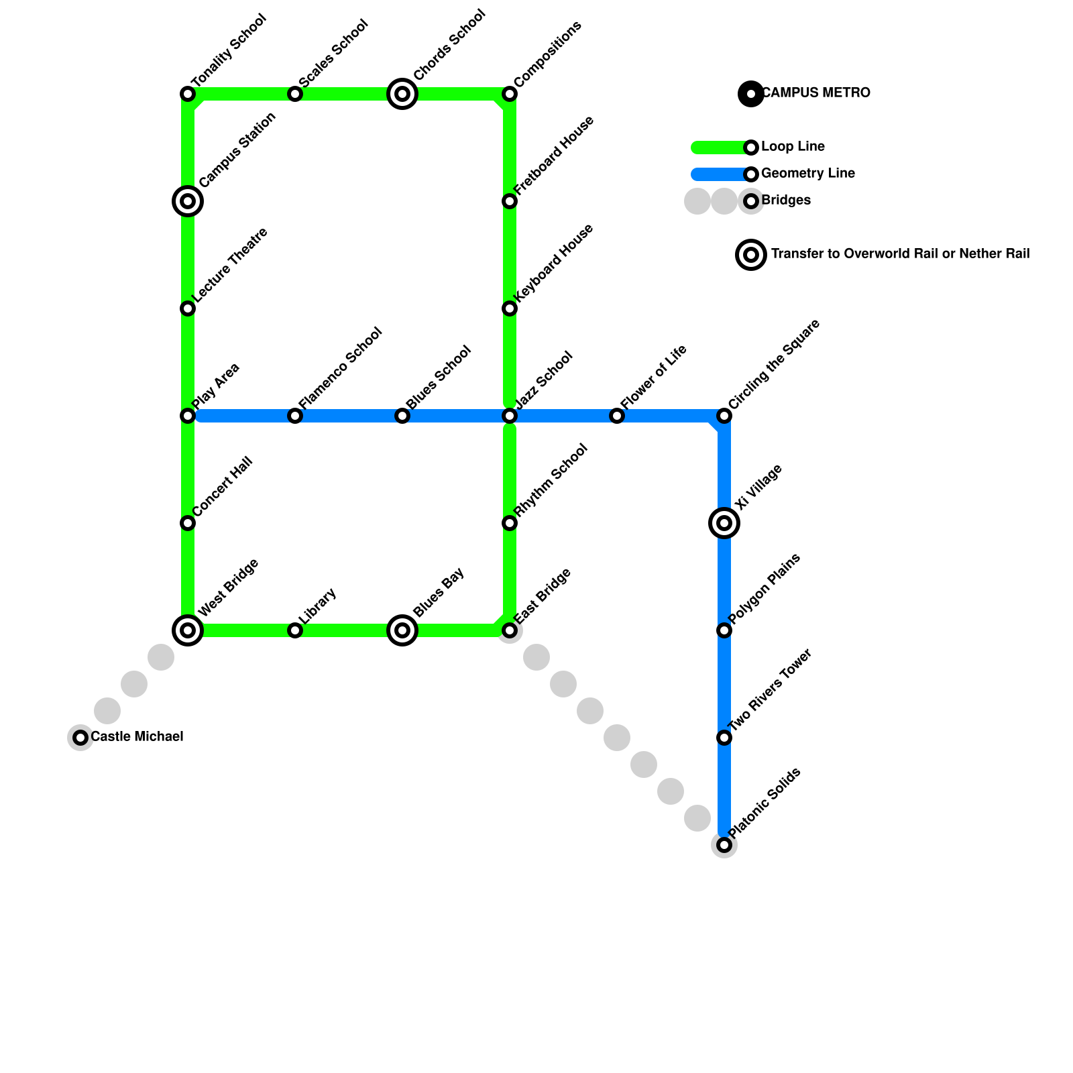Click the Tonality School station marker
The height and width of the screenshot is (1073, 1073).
188,94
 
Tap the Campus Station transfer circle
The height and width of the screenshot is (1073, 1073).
188,201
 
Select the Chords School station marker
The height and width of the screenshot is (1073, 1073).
402,94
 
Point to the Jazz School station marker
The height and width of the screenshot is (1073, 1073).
510,416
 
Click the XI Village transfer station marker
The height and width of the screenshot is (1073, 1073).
724,523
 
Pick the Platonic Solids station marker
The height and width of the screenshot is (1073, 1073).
724,845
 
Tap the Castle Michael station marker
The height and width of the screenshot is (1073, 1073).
80,738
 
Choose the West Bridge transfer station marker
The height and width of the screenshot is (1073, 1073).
188,630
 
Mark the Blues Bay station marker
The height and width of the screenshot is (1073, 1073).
402,630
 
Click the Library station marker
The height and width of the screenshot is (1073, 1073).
295,630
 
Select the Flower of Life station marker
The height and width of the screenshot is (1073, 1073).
617,416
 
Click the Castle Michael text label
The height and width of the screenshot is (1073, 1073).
137,737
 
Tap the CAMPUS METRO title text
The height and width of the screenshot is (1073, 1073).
816,93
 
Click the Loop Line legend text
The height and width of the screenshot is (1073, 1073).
793,147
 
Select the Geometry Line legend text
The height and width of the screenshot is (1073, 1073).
808,174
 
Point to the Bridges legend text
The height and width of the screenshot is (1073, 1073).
786,201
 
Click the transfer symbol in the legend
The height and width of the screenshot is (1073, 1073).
751,255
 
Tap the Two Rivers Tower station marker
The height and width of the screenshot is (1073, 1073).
724,738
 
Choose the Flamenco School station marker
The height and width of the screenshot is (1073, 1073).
295,416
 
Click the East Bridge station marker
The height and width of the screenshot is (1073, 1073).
510,630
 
